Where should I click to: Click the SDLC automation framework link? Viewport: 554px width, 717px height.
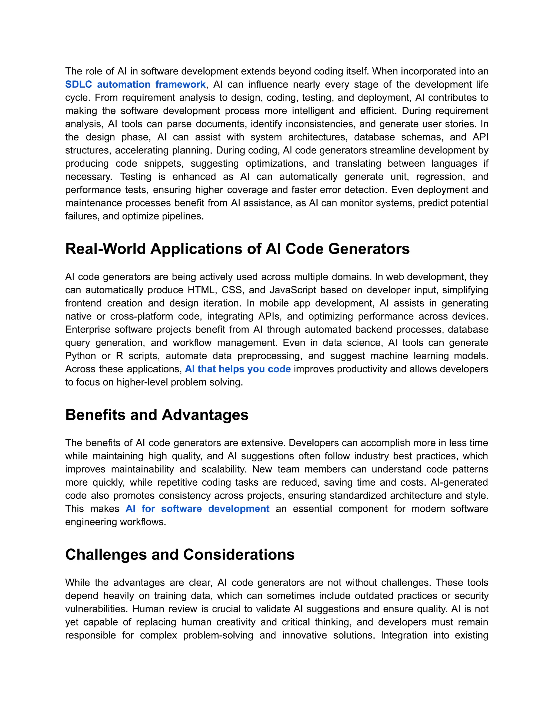click(135, 84)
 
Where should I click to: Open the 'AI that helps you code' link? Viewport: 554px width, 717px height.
click(238, 369)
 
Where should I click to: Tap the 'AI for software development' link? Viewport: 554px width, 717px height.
click(197, 509)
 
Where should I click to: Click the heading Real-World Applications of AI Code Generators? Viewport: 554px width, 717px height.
click(237, 249)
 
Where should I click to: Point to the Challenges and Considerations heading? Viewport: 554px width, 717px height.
click(180, 554)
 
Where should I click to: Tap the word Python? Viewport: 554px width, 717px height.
click(80, 356)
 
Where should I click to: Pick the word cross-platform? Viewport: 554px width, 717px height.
click(141, 316)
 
